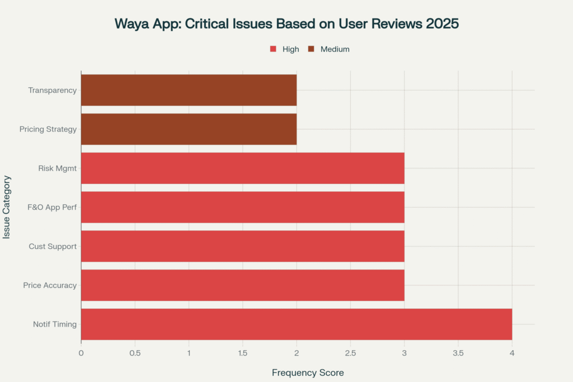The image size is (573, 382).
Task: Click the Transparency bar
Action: click(x=189, y=90)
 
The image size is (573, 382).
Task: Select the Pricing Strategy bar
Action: click(x=189, y=129)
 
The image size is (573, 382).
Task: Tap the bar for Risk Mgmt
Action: click(x=242, y=168)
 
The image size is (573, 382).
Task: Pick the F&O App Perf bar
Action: click(x=242, y=207)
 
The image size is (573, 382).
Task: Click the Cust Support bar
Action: click(x=242, y=246)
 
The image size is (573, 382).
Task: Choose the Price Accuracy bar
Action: click(x=242, y=285)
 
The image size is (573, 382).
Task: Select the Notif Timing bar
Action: click(x=297, y=324)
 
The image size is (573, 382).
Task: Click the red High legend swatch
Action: click(x=273, y=49)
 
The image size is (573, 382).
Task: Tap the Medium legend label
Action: click(x=335, y=49)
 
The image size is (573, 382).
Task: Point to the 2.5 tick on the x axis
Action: click(x=350, y=353)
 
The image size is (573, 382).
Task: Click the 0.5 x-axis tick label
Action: click(x=135, y=353)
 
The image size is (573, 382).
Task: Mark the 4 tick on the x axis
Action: click(x=512, y=353)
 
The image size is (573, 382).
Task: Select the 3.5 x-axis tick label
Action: click(x=458, y=353)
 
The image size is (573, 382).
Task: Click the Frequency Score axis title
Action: click(x=307, y=372)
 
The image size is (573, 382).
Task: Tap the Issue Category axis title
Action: click(x=7, y=207)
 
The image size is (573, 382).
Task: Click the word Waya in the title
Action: click(x=131, y=24)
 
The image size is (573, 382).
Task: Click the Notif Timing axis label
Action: click(x=56, y=324)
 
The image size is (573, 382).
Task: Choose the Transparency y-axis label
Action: click(x=52, y=90)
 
